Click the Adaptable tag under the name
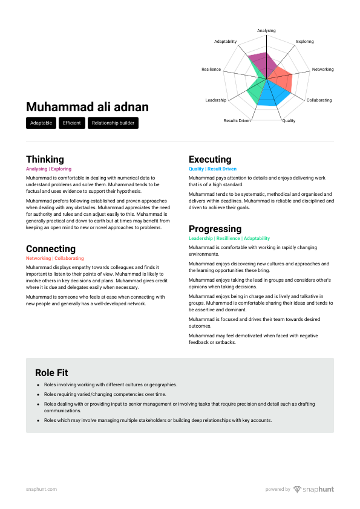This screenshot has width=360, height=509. [x=41, y=123]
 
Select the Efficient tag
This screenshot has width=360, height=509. [x=72, y=123]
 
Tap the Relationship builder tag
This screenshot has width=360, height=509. [x=113, y=123]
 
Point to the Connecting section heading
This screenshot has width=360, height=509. [x=51, y=249]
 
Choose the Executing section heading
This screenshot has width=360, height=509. [x=210, y=160]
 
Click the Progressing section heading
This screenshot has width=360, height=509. [x=215, y=229]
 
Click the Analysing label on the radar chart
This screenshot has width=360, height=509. [x=266, y=31]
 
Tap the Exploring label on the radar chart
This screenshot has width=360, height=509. [x=305, y=42]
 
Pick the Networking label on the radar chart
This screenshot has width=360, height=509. [x=322, y=70]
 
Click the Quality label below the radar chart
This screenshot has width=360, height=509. [x=289, y=121]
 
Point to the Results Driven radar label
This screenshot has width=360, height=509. [x=237, y=121]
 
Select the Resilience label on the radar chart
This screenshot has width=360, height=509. [x=211, y=70]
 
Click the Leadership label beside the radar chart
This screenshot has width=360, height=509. [x=215, y=100]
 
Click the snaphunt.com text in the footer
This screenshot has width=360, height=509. [x=41, y=489]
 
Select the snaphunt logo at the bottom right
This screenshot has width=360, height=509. [x=313, y=489]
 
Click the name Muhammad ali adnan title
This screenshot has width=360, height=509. [x=87, y=108]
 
